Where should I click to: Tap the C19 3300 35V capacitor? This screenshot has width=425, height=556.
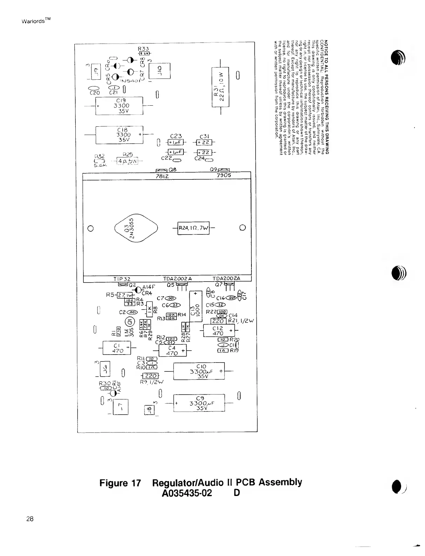pos(119,106)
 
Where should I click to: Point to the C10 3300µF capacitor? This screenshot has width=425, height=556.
pos(199,371)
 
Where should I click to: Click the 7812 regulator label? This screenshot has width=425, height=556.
pos(163,176)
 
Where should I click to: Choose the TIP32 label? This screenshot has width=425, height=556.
pos(122,279)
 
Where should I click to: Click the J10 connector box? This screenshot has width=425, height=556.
pos(159,70)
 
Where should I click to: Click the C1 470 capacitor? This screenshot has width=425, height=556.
pos(116,348)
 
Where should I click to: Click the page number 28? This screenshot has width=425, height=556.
pos(30,519)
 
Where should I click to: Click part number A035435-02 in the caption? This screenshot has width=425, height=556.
pos(187,493)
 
